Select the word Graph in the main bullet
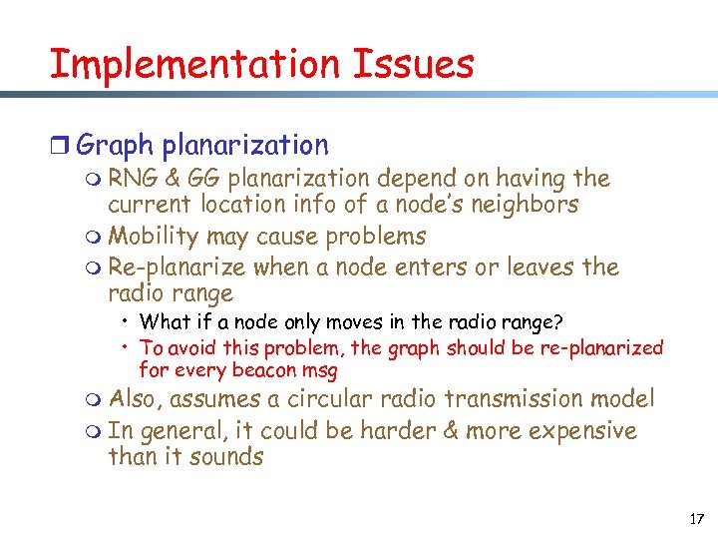(x=114, y=146)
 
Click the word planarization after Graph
(x=244, y=146)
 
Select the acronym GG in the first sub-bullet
(x=203, y=179)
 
